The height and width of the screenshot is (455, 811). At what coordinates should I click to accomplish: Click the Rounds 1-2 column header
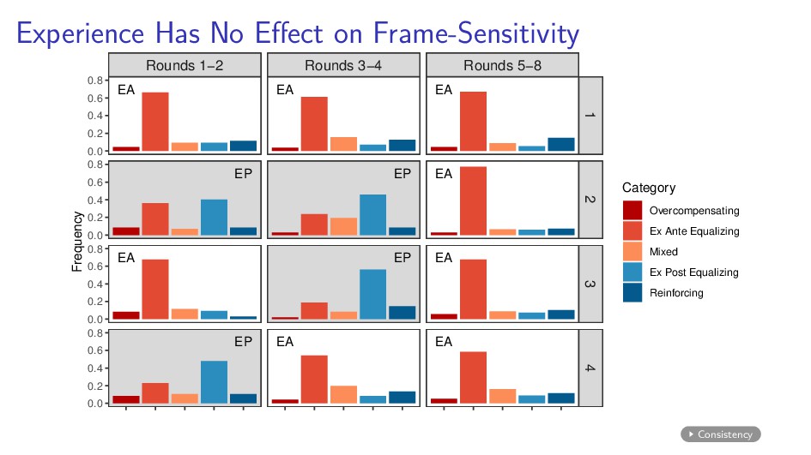click(x=185, y=65)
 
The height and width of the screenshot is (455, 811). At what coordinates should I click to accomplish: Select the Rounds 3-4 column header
click(x=343, y=65)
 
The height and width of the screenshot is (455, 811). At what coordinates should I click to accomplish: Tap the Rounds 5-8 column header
click(x=502, y=65)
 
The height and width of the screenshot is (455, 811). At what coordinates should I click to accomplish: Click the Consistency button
click(x=721, y=434)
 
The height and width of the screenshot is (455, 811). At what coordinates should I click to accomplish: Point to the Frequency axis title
click(x=76, y=242)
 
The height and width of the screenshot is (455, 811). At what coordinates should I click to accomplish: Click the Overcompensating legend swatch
click(x=632, y=210)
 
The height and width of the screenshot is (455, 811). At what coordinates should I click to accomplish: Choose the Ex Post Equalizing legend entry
click(x=693, y=272)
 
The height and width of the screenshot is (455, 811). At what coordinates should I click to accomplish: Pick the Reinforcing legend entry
click(x=676, y=293)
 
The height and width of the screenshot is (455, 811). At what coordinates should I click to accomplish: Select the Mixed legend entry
click(x=663, y=252)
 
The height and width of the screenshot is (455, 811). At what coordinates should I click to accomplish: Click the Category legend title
click(x=649, y=188)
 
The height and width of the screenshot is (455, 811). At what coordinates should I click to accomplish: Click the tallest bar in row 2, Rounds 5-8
click(x=473, y=201)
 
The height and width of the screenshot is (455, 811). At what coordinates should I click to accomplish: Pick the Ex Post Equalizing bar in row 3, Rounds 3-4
click(x=372, y=294)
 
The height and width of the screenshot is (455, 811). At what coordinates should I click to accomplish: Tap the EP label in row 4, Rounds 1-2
click(x=243, y=341)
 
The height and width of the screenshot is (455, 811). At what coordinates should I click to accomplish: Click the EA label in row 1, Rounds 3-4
click(x=285, y=89)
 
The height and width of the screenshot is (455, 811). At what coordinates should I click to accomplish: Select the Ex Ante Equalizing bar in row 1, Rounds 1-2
click(x=155, y=121)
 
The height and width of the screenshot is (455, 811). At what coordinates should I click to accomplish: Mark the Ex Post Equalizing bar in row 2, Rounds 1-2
click(x=214, y=217)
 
